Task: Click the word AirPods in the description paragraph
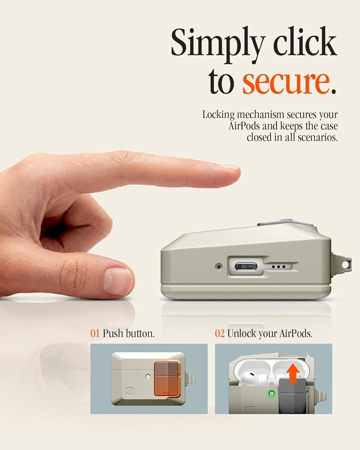coord(245,126)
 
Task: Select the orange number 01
coord(95,333)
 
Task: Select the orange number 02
coord(220,333)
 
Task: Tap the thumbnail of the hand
coord(118,281)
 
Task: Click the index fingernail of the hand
coord(229,167)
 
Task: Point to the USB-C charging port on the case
coord(246,267)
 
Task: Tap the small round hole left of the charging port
coord(219,266)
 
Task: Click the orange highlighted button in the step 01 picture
coord(166,378)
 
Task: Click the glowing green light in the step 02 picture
coord(271,393)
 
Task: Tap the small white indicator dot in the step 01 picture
coord(148,376)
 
